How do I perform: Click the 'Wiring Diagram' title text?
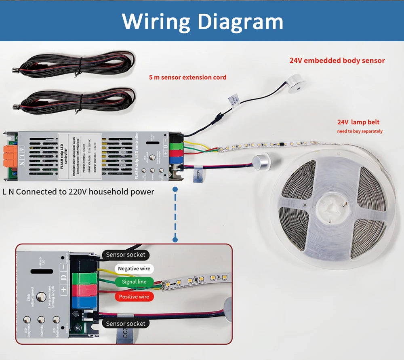point(202,21)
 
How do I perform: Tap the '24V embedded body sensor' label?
point(337,61)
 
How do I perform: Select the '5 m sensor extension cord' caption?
point(187,77)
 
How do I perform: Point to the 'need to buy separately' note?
point(360,131)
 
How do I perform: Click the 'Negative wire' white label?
point(134,269)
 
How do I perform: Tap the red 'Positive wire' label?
point(134,297)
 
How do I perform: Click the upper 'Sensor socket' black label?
point(126,255)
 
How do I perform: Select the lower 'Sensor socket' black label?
point(126,323)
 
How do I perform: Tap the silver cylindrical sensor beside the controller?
point(261,162)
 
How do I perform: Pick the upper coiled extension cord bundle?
point(77,64)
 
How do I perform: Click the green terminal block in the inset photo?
point(84,278)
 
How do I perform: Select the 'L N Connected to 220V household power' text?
point(78,192)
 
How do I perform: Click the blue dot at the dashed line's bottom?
point(175,240)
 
